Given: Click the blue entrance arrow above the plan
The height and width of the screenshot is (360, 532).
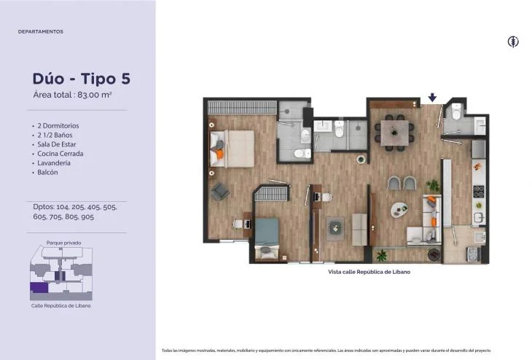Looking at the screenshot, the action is point(432,98).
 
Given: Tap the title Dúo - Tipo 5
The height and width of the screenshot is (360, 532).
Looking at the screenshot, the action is point(82,79).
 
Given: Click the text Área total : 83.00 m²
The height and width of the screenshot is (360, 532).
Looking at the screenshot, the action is point(73,95).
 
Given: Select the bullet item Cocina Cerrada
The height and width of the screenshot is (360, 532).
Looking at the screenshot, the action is point(60,154).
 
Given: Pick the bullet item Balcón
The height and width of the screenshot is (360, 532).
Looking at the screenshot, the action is point(47,173).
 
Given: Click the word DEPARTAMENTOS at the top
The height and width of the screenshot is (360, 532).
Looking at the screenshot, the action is point(41,31).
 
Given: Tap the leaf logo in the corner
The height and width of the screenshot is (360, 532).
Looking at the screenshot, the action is point(513,42).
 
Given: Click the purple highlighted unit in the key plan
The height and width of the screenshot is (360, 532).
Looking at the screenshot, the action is point(39,287).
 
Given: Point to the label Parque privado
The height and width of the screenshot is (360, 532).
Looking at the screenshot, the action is point(64,243).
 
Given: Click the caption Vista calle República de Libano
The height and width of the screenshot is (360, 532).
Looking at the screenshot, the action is point(369,272).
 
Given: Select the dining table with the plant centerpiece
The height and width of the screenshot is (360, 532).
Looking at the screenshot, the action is point(394,133).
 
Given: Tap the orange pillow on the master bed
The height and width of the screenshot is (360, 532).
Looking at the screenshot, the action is point(220,154).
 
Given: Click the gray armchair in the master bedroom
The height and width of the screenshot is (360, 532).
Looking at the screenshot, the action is point(220,192).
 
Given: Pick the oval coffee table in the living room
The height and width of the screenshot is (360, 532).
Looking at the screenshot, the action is point(399,210).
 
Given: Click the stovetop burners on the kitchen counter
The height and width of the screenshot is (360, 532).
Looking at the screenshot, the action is point(479,192).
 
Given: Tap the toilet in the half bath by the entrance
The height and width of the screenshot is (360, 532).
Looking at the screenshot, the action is point(457,111).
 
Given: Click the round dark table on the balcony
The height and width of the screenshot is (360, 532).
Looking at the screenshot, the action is point(434,255).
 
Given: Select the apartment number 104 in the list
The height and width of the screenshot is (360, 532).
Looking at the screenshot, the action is point(63,207).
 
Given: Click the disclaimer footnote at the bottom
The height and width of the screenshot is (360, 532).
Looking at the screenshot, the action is point(326,351).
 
